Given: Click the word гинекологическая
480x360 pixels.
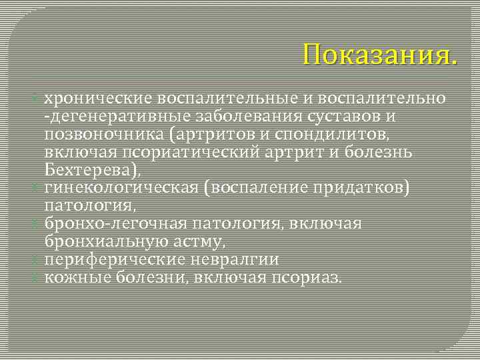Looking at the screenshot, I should [122, 188].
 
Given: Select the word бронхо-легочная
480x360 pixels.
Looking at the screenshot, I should [114, 223].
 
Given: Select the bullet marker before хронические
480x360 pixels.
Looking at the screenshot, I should [38, 99].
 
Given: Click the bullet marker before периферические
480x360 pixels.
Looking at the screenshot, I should [38, 259].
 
